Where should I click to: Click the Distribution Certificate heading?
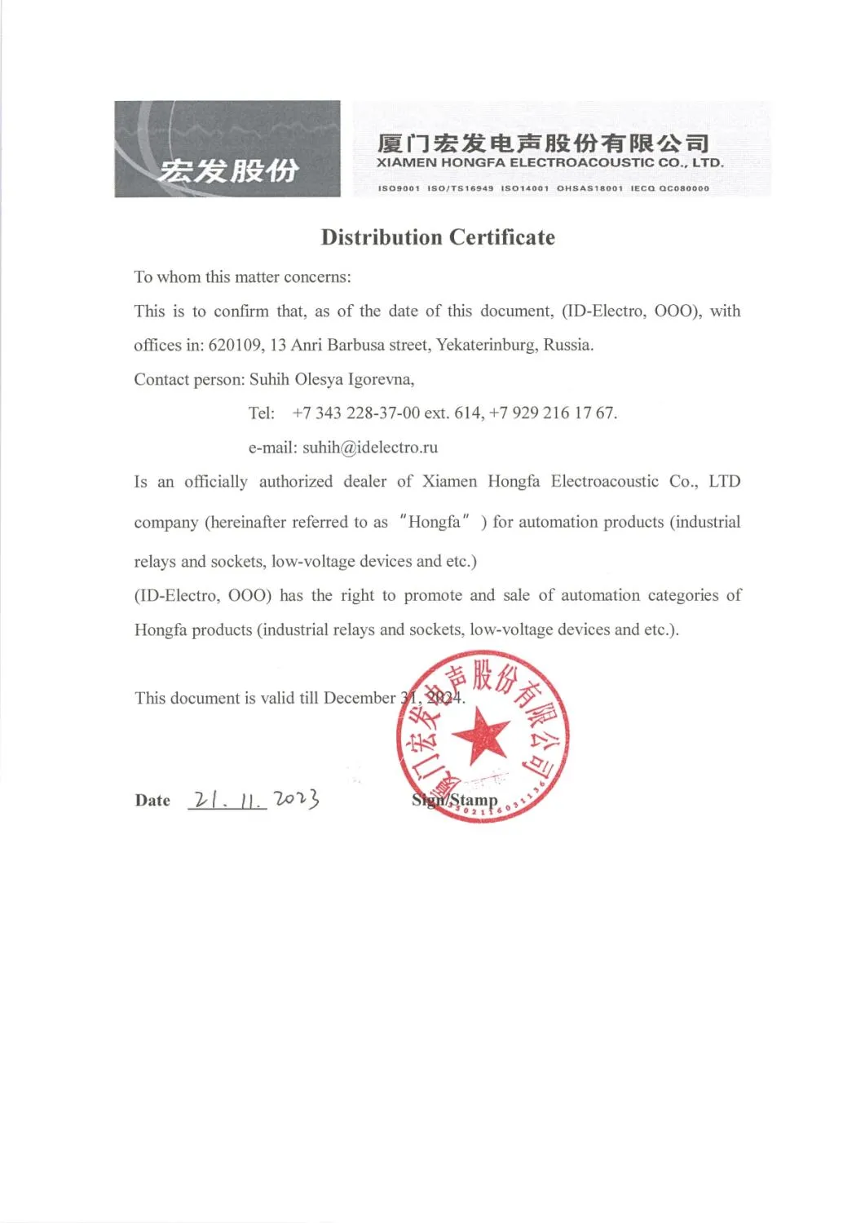438,237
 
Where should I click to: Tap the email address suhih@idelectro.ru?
370,447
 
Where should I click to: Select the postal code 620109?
235,345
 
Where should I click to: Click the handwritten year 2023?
296,799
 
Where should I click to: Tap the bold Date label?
152,801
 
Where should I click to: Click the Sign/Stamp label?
454,800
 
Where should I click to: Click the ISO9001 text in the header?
399,188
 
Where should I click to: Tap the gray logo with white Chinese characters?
227,149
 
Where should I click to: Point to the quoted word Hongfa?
434,522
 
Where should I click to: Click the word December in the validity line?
359,698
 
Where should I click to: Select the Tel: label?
262,413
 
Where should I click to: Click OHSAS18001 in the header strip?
589,188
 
